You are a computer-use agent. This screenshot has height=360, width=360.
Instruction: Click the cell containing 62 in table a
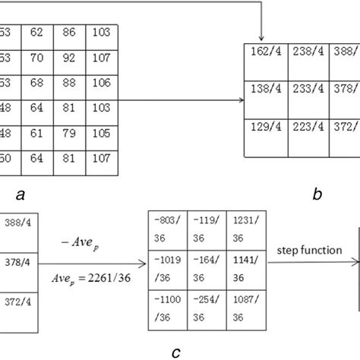pyautogui.click(x=37, y=33)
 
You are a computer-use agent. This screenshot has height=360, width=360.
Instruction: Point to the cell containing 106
pyautogui.click(x=101, y=84)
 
